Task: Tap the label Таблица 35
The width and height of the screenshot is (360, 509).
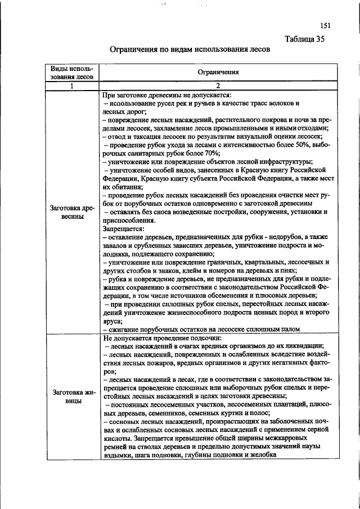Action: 304,39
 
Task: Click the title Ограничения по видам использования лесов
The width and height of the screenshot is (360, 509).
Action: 190,49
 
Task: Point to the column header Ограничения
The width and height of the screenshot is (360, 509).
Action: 218,73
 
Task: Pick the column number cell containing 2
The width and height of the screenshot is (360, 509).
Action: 218,85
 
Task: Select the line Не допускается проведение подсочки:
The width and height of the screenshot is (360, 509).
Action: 162,338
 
